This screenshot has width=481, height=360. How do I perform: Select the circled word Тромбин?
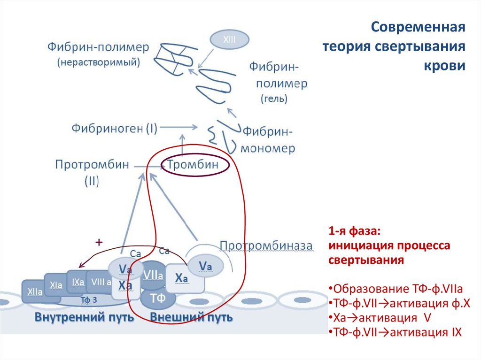pyautogui.click(x=194, y=165)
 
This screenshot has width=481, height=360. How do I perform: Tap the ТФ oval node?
pyautogui.click(x=158, y=297)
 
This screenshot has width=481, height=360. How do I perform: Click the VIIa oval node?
pyautogui.click(x=153, y=275)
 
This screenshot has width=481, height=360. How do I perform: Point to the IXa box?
pyautogui.click(x=78, y=282)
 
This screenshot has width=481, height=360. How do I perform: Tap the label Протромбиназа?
pyautogui.click(x=266, y=245)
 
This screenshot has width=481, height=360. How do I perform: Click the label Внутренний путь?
pyautogui.click(x=85, y=318)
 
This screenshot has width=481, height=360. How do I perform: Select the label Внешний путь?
pyautogui.click(x=191, y=318)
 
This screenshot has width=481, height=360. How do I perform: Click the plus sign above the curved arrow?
pyautogui.click(x=99, y=242)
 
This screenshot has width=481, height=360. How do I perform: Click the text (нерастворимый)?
pyautogui.click(x=99, y=62)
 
